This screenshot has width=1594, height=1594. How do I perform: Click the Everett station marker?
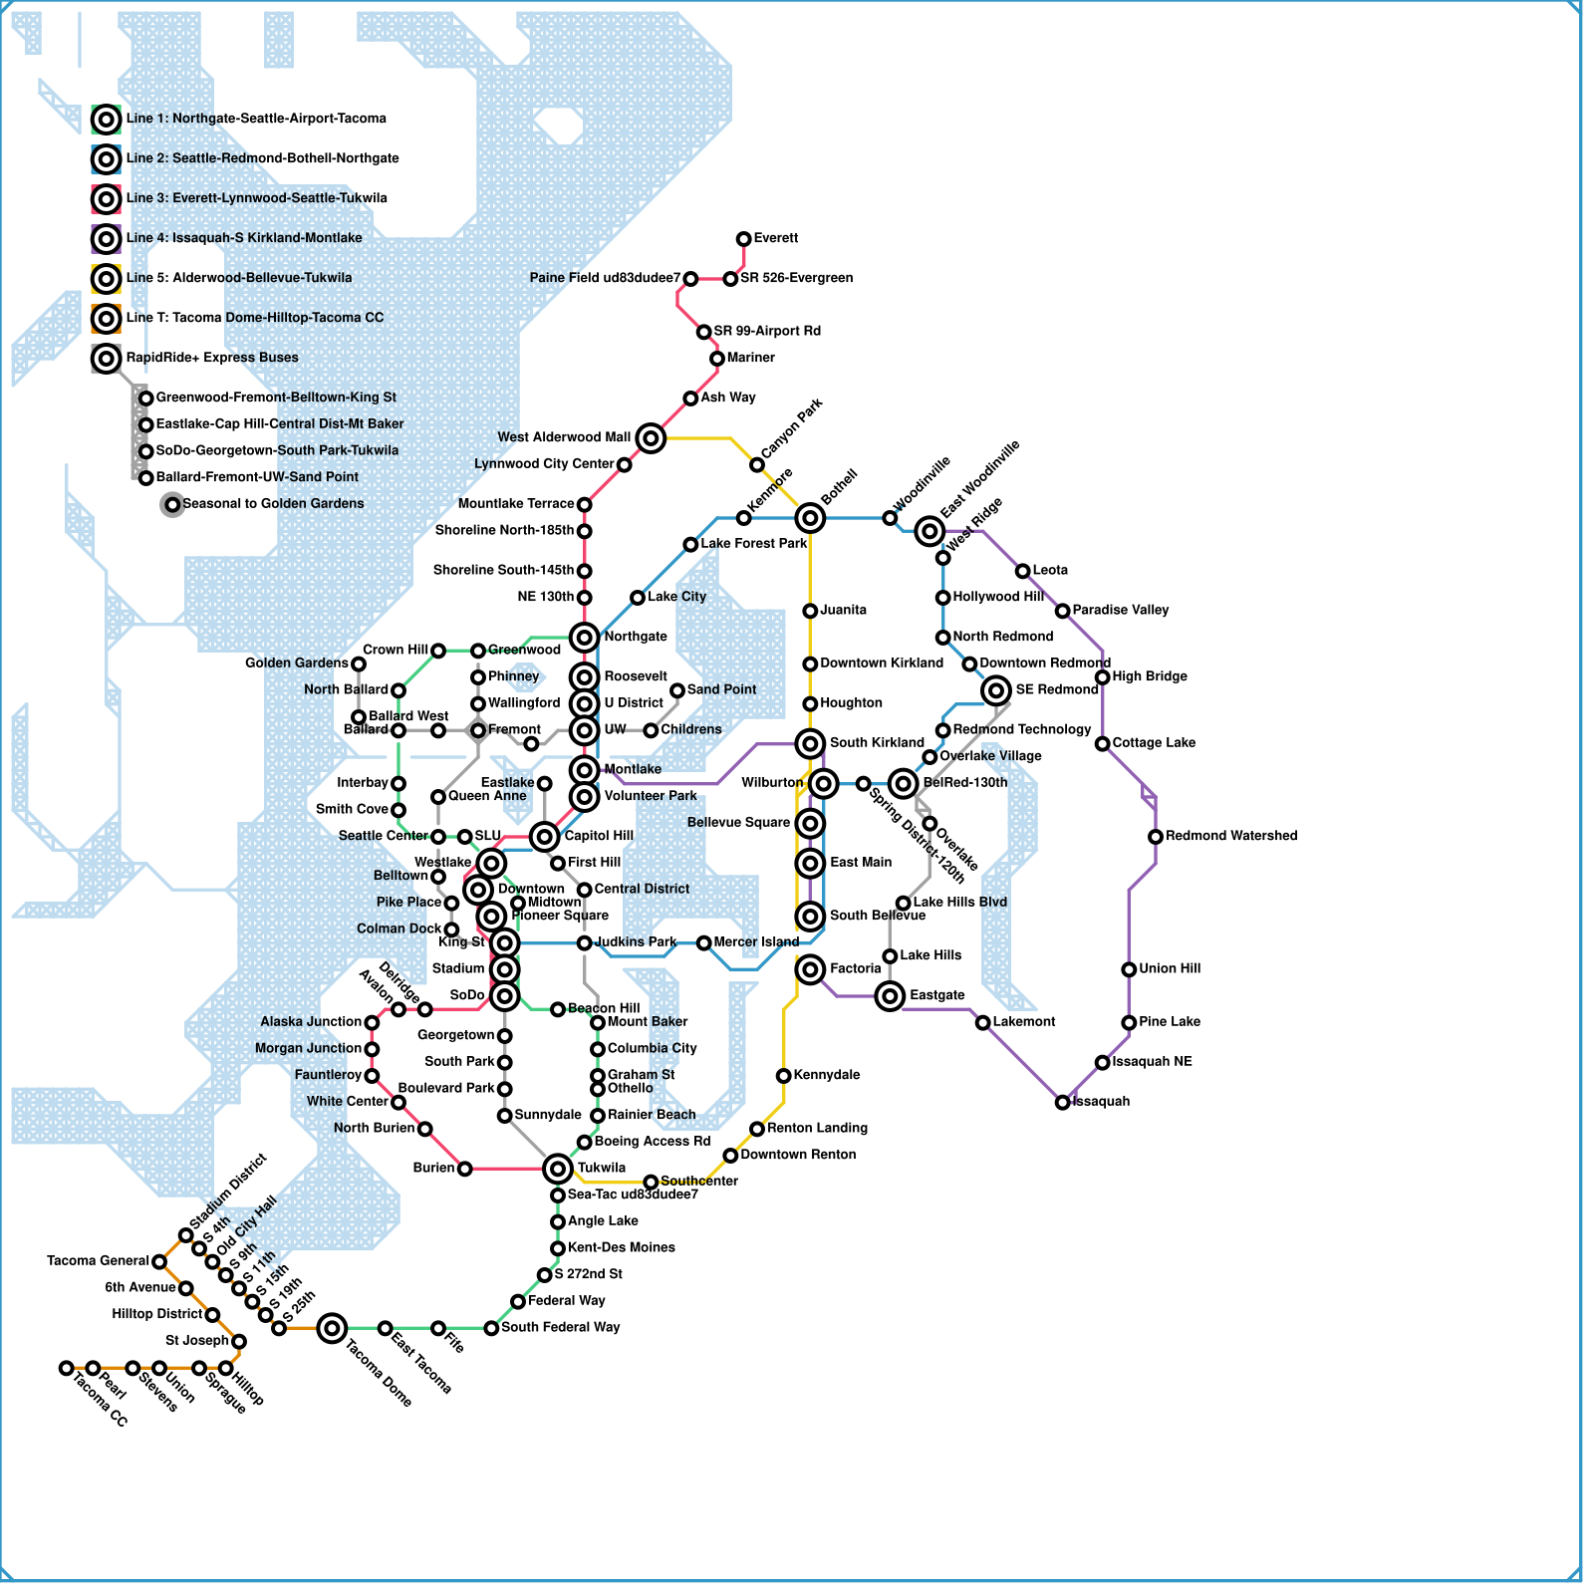click(x=743, y=239)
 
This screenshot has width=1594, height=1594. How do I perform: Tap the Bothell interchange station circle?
click(x=810, y=517)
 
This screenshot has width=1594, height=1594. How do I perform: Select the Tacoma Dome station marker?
click(x=332, y=1327)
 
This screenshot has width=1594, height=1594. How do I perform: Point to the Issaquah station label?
click(x=1101, y=1102)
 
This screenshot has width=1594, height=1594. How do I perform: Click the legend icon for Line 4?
click(x=106, y=239)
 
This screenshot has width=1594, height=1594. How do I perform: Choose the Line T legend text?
click(x=254, y=318)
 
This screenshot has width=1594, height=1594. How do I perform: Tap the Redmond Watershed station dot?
click(x=1155, y=837)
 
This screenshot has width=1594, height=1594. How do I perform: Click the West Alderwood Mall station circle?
click(x=651, y=437)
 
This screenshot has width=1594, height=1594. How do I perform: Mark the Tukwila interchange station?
click(x=558, y=1168)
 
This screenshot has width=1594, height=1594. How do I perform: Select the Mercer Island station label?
click(x=756, y=942)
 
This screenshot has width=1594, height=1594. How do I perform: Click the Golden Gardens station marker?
click(x=359, y=664)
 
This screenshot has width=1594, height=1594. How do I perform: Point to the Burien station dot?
click(x=464, y=1168)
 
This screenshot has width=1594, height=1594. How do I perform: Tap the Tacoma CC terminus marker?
click(x=66, y=1368)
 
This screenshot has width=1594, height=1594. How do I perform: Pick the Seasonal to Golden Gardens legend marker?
click(x=172, y=504)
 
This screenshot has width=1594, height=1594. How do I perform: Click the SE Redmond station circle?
click(x=995, y=689)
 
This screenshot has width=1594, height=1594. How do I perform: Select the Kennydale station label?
click(x=827, y=1075)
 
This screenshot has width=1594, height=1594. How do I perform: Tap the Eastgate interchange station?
click(x=890, y=995)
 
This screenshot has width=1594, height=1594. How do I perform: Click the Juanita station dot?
click(x=810, y=611)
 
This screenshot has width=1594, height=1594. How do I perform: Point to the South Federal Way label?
click(x=560, y=1328)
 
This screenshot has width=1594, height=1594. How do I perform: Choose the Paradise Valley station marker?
click(x=1062, y=611)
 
